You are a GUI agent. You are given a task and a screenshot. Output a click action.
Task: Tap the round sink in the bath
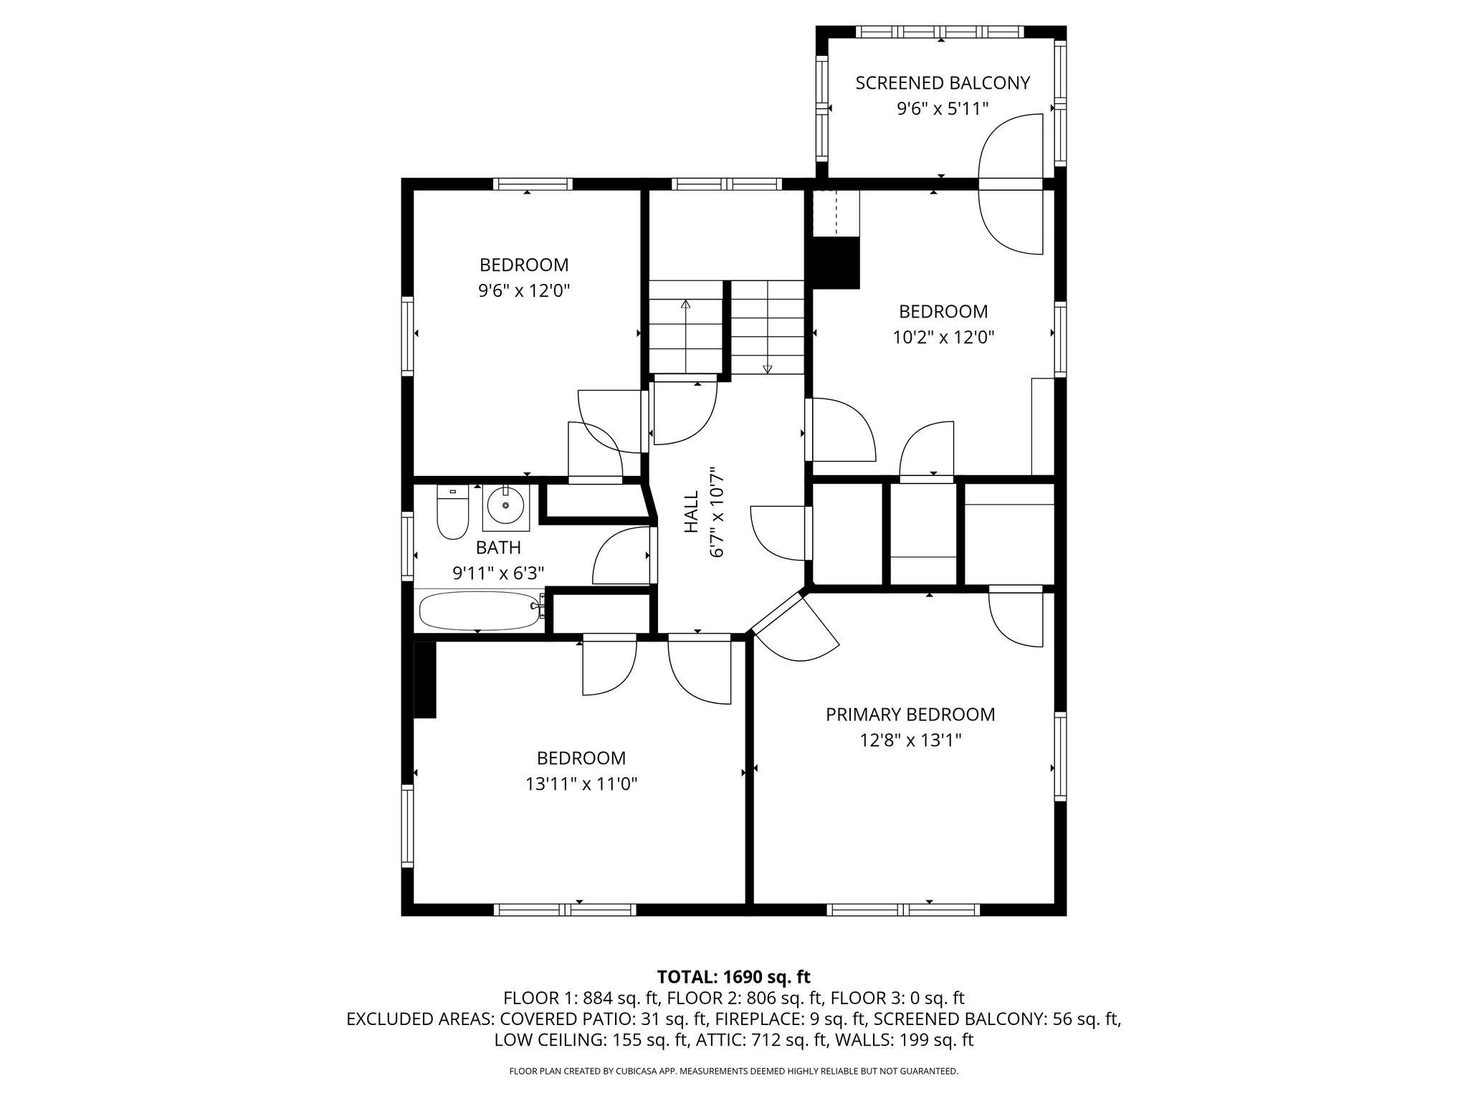tap(506, 505)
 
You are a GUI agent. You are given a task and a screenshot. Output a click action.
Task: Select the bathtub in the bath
tap(481, 610)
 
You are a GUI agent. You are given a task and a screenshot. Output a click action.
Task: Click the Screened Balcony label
tap(943, 83)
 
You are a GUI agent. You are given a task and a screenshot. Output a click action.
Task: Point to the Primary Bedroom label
tap(910, 715)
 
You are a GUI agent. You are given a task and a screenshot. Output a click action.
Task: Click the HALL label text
tap(692, 511)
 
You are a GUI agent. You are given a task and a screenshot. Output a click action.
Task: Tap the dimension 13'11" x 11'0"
tap(581, 784)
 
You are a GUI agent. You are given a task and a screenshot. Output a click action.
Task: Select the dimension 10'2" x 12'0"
tap(943, 337)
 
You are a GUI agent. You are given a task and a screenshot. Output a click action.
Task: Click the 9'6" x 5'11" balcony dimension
tap(943, 109)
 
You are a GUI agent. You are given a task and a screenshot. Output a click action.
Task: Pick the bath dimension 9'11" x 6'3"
tap(498, 573)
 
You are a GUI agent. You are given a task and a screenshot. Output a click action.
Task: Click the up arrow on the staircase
tap(686, 336)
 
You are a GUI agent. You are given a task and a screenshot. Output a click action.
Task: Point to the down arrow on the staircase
tap(768, 327)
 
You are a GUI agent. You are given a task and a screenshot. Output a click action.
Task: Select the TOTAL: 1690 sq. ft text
tap(733, 976)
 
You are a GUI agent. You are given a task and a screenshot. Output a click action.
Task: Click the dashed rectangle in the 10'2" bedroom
tap(836, 213)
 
